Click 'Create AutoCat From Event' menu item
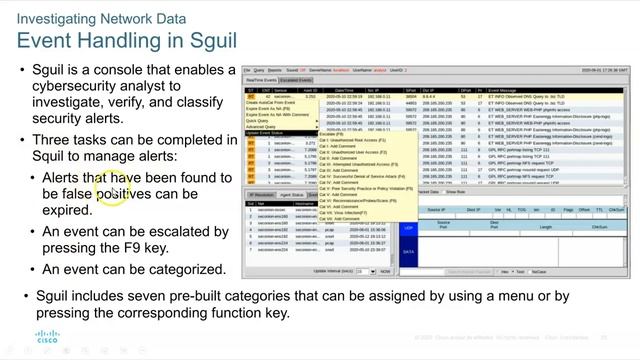point(273,103)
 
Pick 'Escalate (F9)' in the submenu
point(333,133)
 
